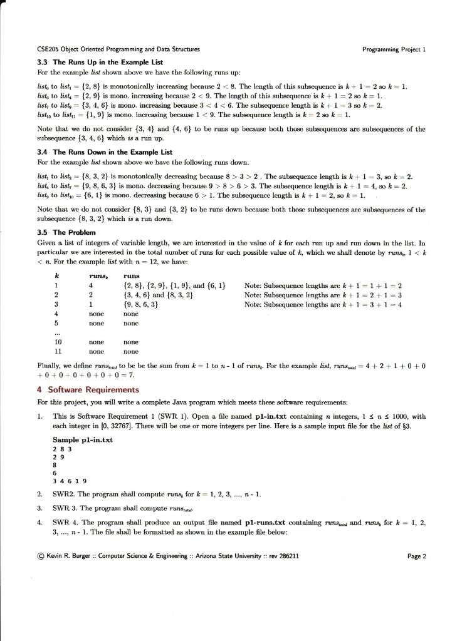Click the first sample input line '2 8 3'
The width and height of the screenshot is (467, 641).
click(x=61, y=448)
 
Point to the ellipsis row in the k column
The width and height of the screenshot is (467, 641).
click(x=57, y=333)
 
